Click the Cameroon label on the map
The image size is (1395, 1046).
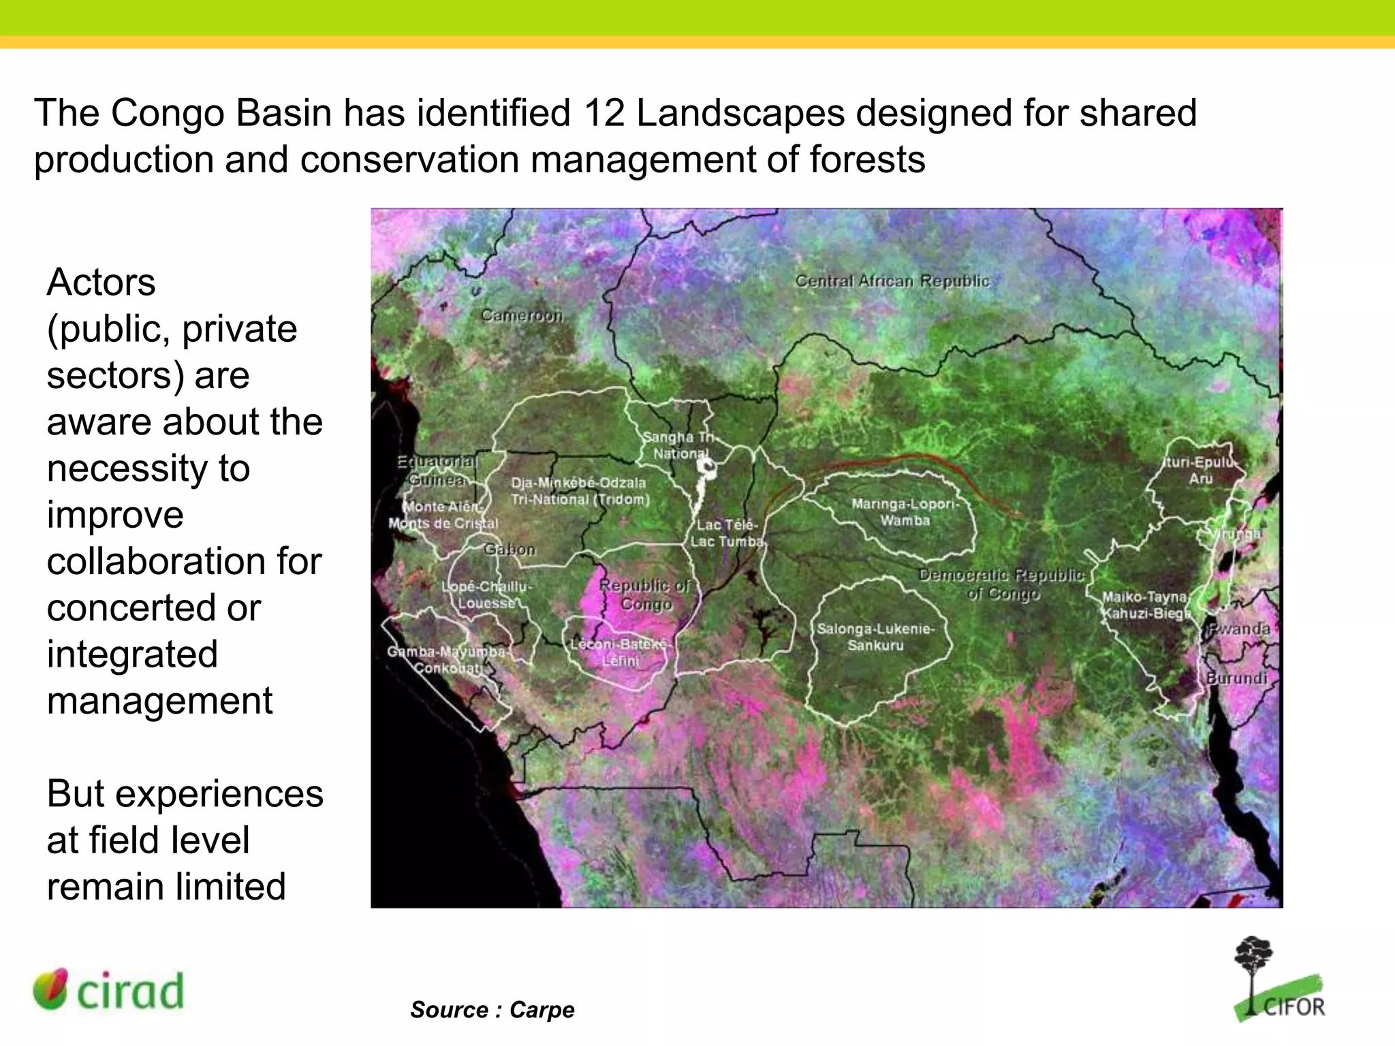[522, 315]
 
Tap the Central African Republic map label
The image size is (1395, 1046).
[892, 281]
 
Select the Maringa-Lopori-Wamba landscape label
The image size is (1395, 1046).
[905, 512]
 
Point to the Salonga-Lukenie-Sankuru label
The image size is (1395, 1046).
[876, 637]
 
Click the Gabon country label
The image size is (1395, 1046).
[510, 549]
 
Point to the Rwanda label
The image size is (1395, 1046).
[1240, 629]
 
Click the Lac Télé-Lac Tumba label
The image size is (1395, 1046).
[727, 533]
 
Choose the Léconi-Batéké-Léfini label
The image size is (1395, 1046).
[621, 652]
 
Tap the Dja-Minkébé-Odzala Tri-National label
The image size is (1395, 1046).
[580, 490]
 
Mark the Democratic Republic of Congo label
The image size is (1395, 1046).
[1001, 584]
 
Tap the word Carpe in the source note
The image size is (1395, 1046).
[542, 1009]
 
